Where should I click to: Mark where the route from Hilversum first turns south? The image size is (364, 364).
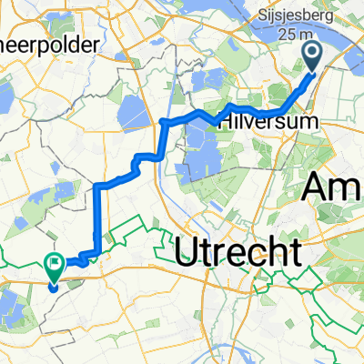click(x=164, y=121)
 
